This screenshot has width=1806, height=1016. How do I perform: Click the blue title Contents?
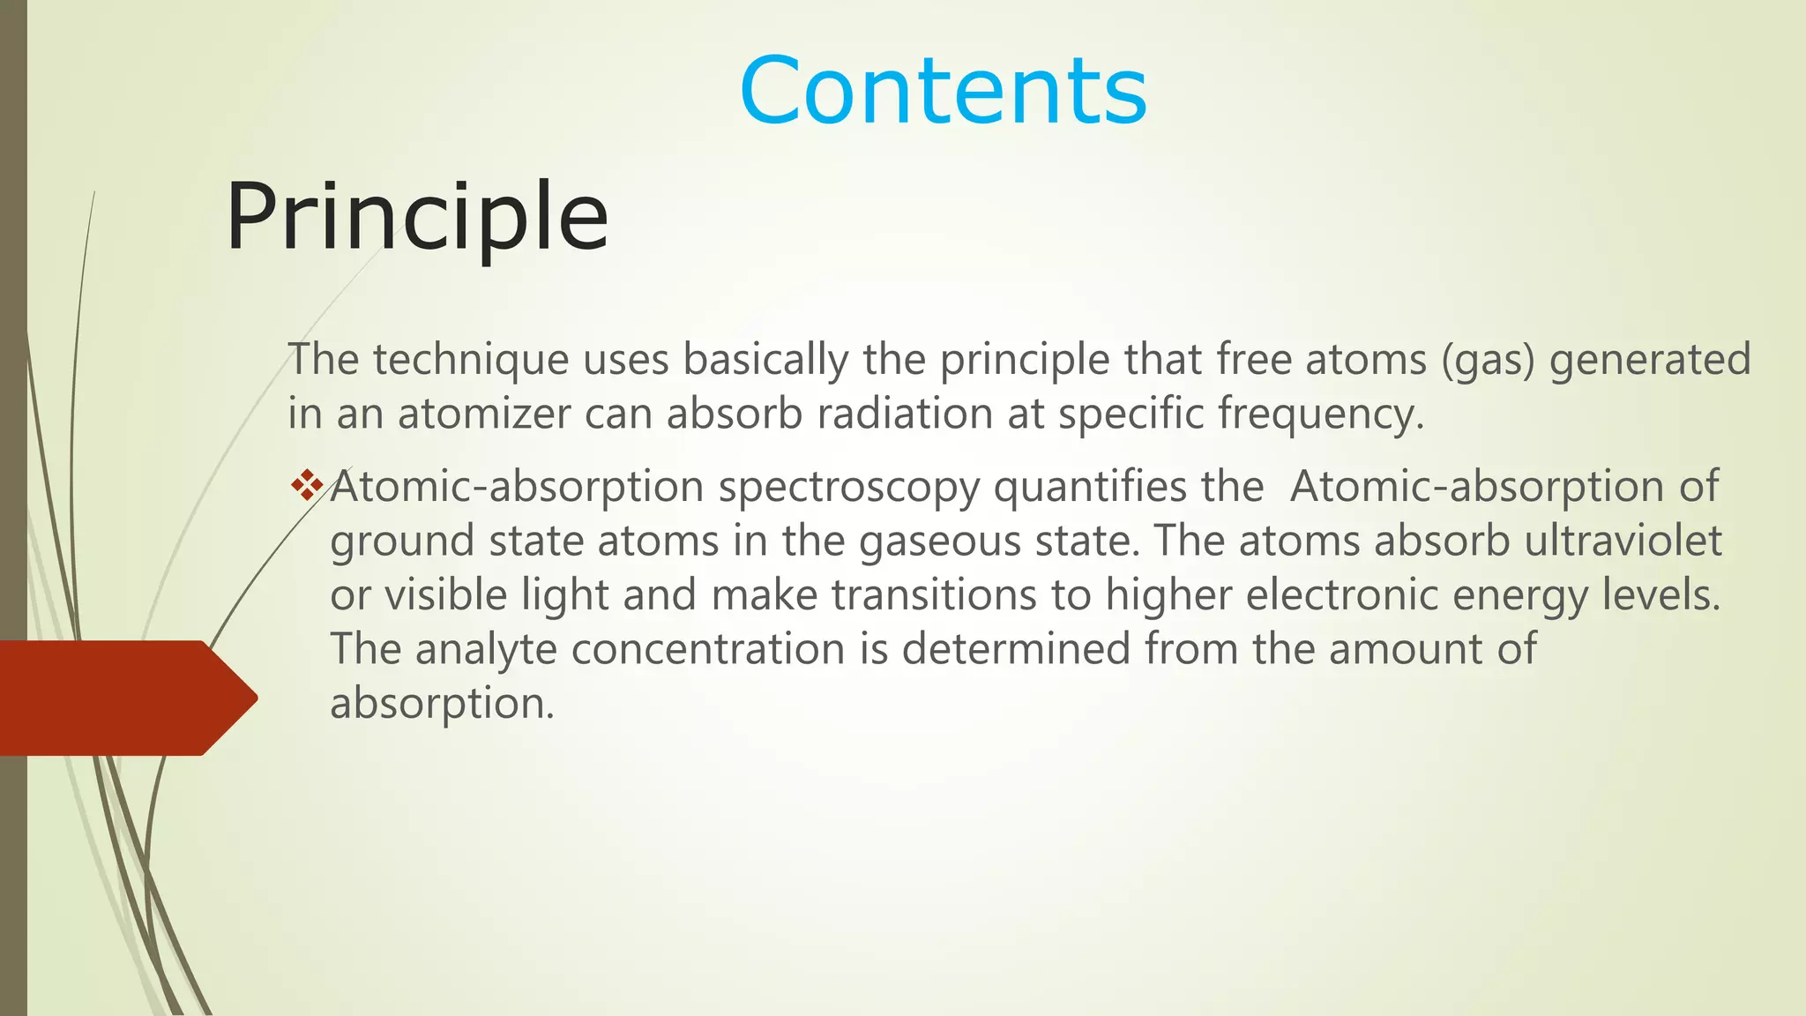943,91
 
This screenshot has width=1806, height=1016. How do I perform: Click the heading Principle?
416,217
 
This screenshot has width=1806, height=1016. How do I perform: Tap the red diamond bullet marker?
307,486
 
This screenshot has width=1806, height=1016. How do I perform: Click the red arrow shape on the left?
123,698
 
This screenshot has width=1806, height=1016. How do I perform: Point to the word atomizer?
484,414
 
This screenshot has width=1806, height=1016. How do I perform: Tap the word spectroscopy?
848,487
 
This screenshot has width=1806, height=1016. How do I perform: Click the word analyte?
486,649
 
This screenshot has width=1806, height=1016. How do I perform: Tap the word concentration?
708,649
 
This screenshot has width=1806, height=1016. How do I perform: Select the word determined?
1016,649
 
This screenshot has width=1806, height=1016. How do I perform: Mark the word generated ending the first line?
1649,360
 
